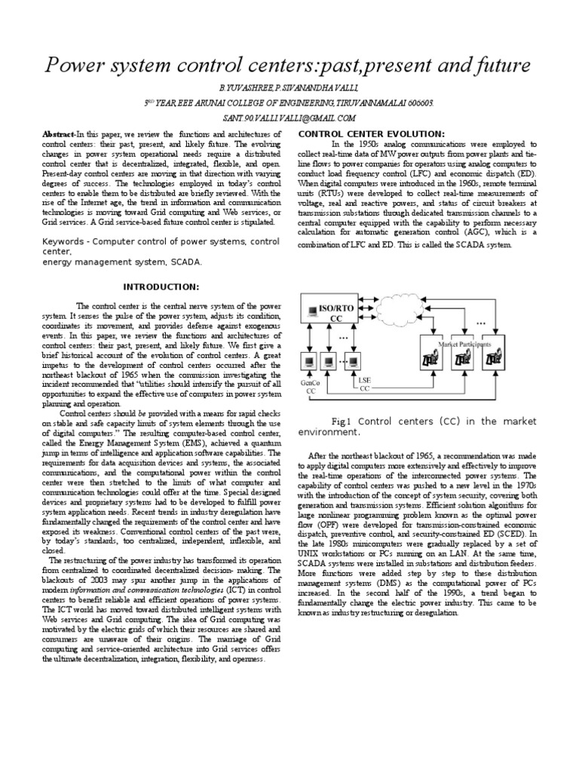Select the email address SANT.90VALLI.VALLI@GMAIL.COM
[289, 118]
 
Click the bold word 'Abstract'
[58, 133]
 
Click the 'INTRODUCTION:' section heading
[161, 287]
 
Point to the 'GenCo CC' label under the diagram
[311, 387]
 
